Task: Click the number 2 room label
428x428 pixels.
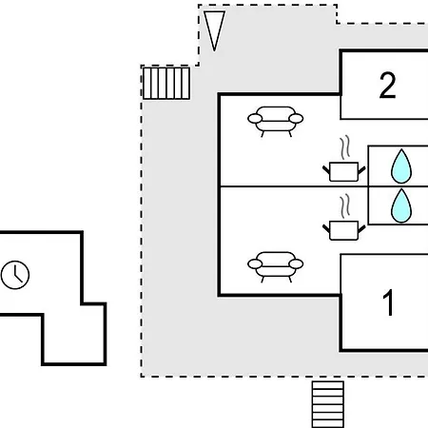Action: (387, 85)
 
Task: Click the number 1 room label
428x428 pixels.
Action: (388, 302)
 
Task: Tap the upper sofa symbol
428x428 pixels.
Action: (276, 122)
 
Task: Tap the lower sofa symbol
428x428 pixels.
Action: (276, 267)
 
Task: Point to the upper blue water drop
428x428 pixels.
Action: (401, 166)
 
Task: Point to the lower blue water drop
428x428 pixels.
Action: (401, 205)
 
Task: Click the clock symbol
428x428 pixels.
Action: (15, 275)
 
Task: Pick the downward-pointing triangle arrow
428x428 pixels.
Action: (214, 30)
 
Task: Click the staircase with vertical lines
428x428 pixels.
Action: (166, 84)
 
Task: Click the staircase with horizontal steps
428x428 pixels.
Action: (328, 404)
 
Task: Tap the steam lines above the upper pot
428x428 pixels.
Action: (345, 147)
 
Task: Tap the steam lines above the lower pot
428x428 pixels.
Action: (345, 206)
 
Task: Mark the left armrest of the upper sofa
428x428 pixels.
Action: (255, 119)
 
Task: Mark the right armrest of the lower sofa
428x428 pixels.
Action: (296, 263)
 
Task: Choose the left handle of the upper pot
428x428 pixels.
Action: (326, 169)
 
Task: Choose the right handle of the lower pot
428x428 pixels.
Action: (361, 228)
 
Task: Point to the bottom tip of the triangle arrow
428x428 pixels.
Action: (214, 50)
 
